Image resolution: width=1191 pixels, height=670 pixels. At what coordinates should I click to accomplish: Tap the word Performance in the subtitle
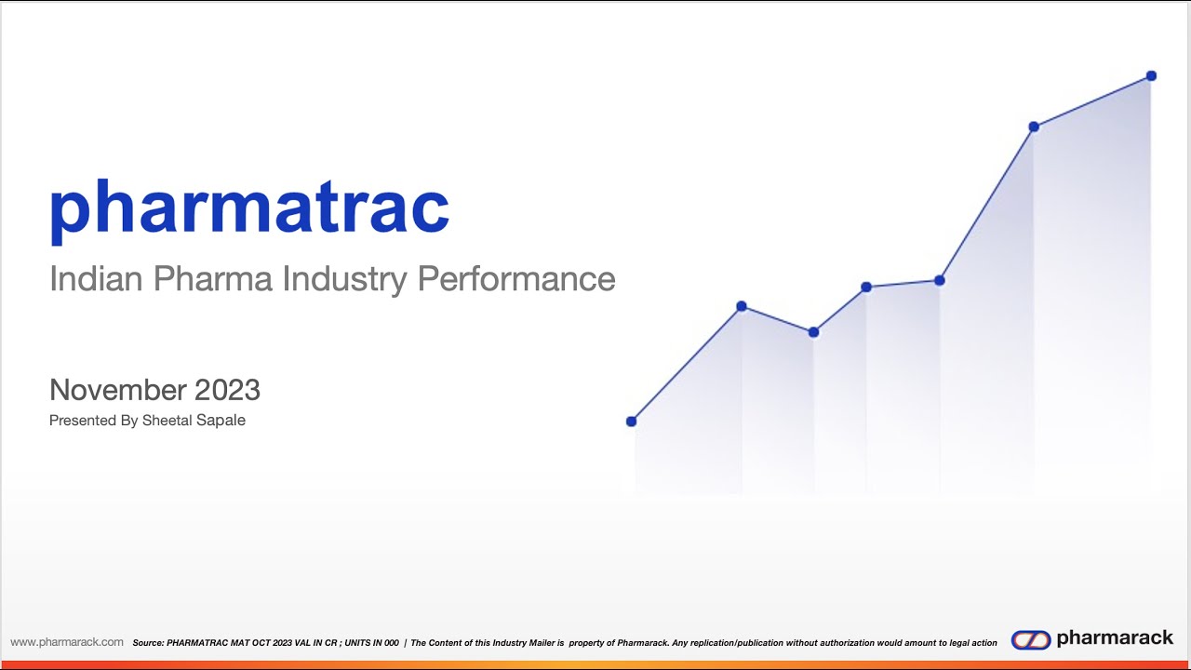515,279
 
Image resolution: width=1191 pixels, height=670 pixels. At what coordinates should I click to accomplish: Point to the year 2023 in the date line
227,390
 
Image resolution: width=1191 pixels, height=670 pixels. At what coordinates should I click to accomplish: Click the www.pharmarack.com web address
67,642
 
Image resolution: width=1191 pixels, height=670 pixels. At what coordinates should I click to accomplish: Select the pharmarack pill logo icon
1030,639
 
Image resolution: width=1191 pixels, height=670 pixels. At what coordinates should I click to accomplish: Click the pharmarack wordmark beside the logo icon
1115,638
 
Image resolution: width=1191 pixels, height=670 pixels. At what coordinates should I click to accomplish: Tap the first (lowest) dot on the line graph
632,422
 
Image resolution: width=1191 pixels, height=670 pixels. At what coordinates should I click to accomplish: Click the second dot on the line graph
742,306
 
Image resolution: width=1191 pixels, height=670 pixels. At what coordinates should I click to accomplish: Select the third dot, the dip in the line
814,332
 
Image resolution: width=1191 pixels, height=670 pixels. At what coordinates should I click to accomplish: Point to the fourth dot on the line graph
866,287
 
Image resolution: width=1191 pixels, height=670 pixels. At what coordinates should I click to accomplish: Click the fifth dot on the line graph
940,280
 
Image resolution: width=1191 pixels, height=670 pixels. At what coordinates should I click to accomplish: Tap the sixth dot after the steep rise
1034,127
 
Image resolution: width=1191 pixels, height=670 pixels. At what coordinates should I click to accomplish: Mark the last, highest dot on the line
1151,75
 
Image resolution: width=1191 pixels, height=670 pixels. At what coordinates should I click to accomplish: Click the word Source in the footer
148,643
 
